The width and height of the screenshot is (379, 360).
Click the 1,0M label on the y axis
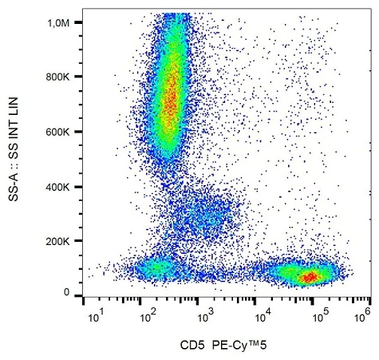(x=61, y=23)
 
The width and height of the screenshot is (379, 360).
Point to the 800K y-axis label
(x=61, y=77)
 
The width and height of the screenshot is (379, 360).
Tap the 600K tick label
(x=61, y=132)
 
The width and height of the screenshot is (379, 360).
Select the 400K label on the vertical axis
(x=61, y=186)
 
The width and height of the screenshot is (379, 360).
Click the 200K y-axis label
(x=61, y=240)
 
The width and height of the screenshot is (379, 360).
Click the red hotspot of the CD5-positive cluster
(x=309, y=276)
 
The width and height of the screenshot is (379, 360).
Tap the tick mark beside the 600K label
(x=80, y=132)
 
